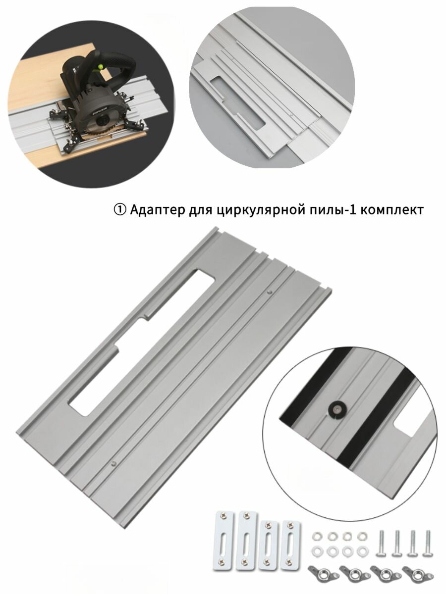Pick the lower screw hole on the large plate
point(114,463)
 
